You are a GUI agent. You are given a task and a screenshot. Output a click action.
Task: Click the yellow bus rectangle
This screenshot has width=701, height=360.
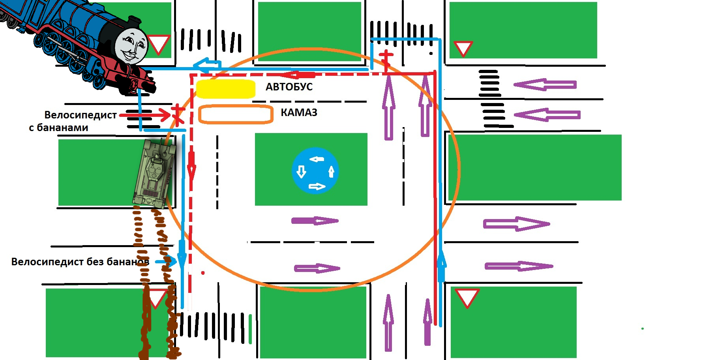[x=226, y=89]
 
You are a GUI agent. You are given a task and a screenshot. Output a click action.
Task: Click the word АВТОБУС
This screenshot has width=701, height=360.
[x=289, y=87]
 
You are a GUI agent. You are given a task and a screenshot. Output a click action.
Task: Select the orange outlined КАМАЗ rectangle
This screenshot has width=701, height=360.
[x=236, y=114]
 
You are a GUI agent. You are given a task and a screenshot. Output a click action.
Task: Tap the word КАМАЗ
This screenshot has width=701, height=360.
[x=299, y=113]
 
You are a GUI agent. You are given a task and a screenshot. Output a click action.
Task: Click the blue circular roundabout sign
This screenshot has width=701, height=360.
[x=315, y=171]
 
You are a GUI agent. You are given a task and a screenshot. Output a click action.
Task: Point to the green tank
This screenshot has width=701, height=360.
[x=155, y=172]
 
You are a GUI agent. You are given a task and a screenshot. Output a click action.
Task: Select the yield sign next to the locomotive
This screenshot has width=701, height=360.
[x=159, y=44]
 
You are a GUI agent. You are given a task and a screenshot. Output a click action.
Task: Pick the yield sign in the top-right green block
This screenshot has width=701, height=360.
[x=463, y=48]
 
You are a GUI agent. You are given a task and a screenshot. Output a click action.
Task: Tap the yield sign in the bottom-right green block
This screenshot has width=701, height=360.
[x=467, y=297]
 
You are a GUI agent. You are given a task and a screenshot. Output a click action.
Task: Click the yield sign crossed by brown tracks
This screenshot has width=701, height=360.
[x=156, y=298]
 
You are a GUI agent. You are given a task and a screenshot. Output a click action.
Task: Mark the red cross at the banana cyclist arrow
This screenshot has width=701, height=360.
[x=178, y=114]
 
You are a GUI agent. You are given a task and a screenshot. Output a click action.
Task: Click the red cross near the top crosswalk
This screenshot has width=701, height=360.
[x=386, y=58]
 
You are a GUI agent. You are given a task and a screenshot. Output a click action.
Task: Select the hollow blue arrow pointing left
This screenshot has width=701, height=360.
[x=207, y=64]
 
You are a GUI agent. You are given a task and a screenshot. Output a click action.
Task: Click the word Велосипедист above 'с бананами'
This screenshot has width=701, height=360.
[x=81, y=115]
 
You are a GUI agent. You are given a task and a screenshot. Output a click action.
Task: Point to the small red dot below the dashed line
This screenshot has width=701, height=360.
[x=203, y=273]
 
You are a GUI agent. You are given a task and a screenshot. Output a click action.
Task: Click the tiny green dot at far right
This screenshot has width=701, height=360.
[x=643, y=328]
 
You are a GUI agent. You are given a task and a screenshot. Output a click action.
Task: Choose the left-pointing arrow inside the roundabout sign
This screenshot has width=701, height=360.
[x=317, y=159]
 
